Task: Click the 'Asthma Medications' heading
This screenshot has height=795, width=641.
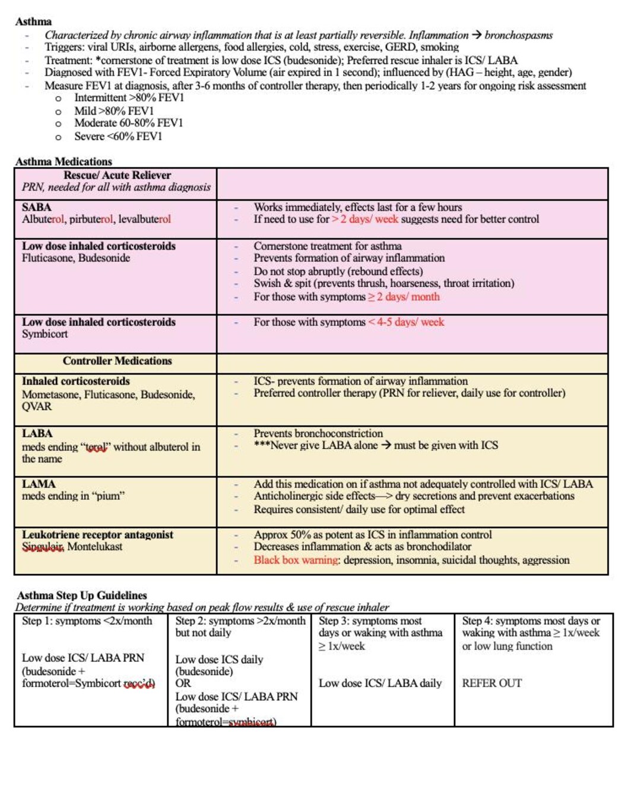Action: pyautogui.click(x=64, y=161)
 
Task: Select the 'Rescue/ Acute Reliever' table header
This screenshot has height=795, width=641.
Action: pyautogui.click(x=117, y=175)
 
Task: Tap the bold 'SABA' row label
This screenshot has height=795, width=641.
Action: pyautogui.click(x=36, y=207)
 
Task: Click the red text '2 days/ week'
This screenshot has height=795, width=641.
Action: pyautogui.click(x=369, y=219)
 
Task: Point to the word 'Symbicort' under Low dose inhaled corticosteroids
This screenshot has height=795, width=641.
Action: pyautogui.click(x=45, y=334)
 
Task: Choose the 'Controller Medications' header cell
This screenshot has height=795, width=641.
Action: pyautogui.click(x=117, y=360)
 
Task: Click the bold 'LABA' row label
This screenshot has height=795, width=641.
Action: pyautogui.click(x=37, y=433)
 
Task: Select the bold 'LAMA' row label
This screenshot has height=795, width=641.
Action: pyautogui.click(x=39, y=484)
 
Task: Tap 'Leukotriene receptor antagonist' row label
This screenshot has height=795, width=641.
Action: pyautogui.click(x=97, y=534)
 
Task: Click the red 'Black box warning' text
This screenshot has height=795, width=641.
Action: pyautogui.click(x=296, y=560)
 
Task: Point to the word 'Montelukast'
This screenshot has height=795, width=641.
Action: pyautogui.click(x=95, y=546)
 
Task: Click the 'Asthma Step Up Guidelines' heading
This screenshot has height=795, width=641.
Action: pyautogui.click(x=82, y=595)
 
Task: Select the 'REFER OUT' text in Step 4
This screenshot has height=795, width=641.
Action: pyautogui.click(x=491, y=683)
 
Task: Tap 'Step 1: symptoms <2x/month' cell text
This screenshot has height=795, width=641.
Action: pyautogui.click(x=87, y=621)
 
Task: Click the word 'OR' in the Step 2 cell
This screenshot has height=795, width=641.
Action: pyautogui.click(x=183, y=683)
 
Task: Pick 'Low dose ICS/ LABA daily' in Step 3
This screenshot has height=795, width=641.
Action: pyautogui.click(x=380, y=683)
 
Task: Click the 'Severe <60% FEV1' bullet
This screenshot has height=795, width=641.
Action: pyautogui.click(x=118, y=137)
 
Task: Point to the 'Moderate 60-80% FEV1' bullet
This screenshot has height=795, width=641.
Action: pyautogui.click(x=128, y=123)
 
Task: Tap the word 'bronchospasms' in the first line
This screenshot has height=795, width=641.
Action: pyautogui.click(x=518, y=35)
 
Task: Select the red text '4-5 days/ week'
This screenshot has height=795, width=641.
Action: pyautogui.click(x=410, y=322)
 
